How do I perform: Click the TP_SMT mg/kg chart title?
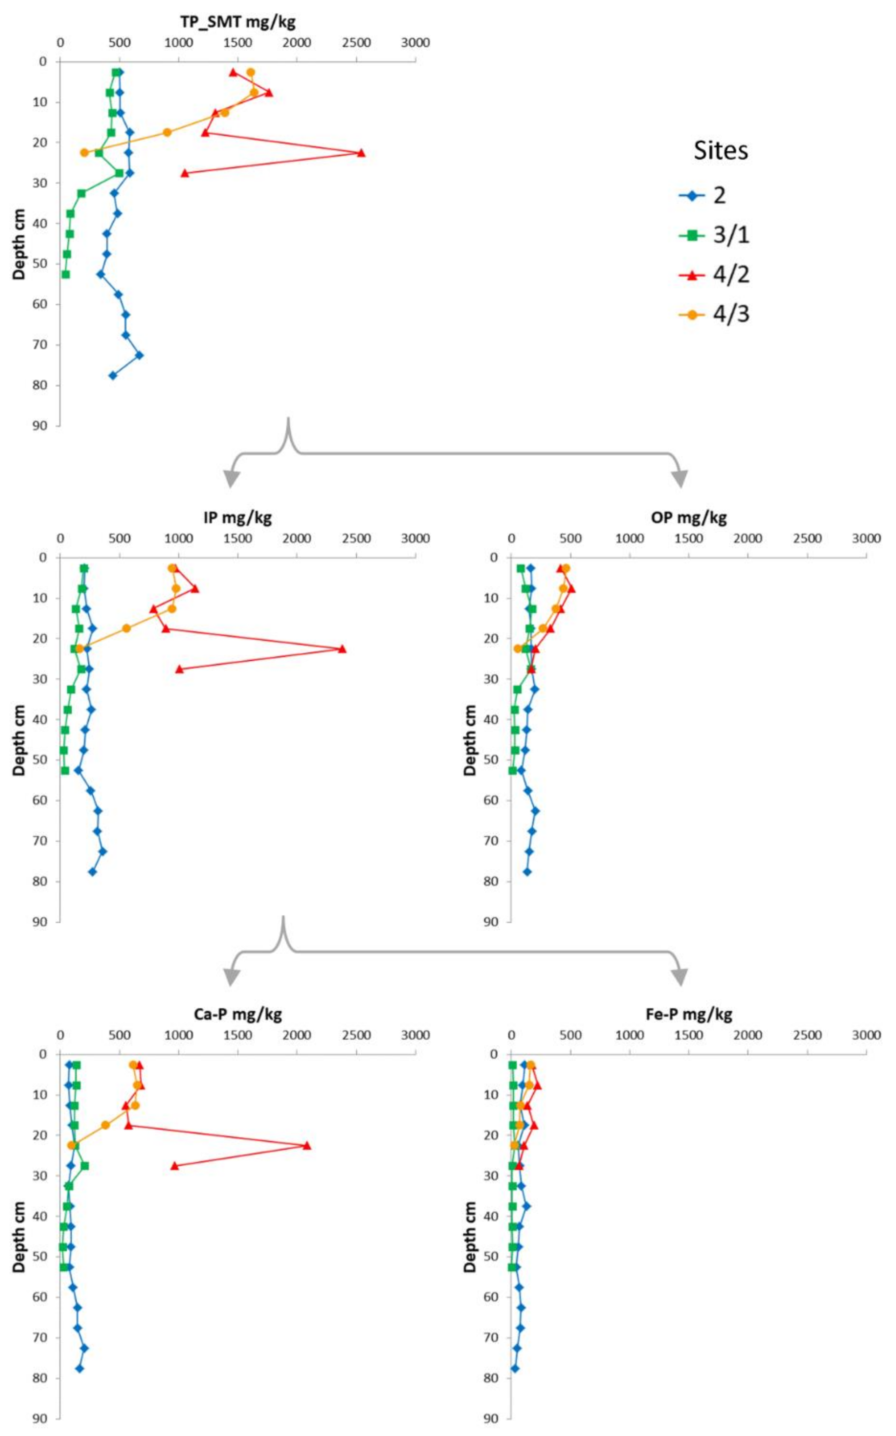(238, 22)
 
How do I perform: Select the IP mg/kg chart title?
(238, 518)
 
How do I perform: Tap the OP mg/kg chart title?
(689, 518)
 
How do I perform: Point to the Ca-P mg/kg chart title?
(238, 1014)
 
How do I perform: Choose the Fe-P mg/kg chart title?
(689, 1014)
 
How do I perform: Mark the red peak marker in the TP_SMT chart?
(361, 153)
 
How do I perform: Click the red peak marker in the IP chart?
(342, 649)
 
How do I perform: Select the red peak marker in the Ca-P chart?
(307, 1145)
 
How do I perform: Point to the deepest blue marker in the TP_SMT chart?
(113, 376)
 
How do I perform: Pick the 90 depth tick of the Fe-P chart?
(491, 1418)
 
